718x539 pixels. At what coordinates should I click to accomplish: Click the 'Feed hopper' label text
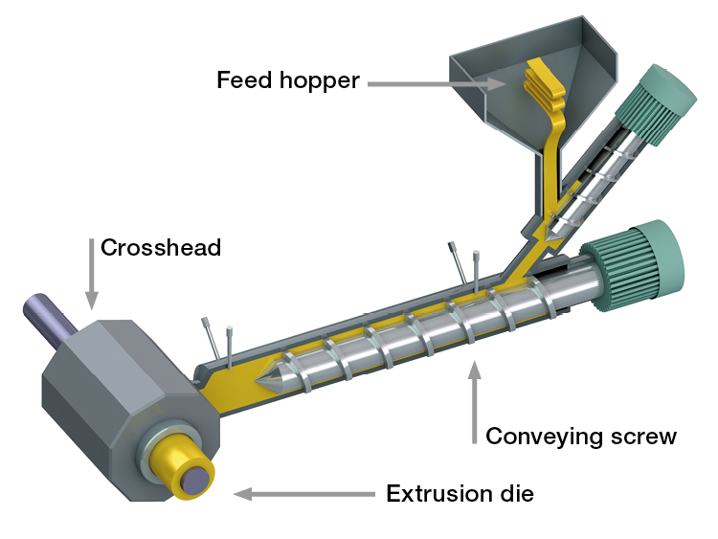[x=288, y=79]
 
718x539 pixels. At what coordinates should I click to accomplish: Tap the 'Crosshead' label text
[x=161, y=248]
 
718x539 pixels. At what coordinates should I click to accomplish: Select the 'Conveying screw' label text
[x=581, y=437]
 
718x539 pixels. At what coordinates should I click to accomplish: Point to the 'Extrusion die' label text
[x=460, y=494]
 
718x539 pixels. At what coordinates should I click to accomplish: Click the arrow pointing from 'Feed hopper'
[x=437, y=84]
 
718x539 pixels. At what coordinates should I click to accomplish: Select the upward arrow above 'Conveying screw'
[x=474, y=402]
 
